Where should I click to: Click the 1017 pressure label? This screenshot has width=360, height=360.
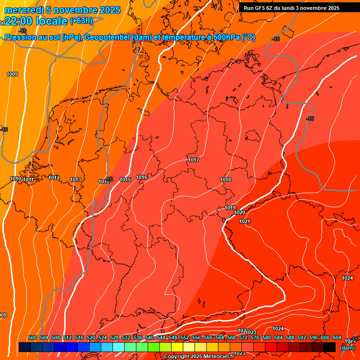(194, 160)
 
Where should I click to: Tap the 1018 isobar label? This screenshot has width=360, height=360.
(225, 180)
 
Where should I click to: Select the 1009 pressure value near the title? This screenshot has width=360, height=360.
(12, 74)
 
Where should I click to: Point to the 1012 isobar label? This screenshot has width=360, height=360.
(54, 178)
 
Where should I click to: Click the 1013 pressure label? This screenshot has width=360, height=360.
(75, 180)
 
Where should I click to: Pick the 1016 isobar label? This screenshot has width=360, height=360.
(142, 177)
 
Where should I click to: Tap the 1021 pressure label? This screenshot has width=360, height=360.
(244, 221)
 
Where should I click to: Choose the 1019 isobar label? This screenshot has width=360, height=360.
(230, 208)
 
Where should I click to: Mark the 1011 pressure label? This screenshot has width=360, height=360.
(28, 180)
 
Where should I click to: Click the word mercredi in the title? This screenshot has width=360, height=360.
(24, 10)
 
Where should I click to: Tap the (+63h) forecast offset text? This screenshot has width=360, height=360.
(81, 21)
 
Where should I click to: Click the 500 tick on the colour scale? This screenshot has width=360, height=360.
(32, 337)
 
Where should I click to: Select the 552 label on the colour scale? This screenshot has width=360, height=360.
(185, 337)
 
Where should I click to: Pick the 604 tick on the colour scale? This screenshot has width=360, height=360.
(337, 337)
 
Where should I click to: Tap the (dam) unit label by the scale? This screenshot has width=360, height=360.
(347, 347)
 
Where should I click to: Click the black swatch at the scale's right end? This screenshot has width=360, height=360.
(330, 347)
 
